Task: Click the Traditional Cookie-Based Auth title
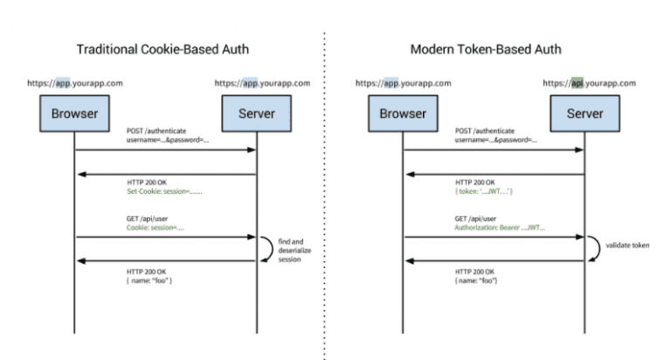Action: [163, 49]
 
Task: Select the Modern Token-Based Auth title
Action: [486, 49]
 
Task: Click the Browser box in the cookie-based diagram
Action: [74, 114]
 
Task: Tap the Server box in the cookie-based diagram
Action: [257, 114]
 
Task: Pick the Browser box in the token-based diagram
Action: [403, 114]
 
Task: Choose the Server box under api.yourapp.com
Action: [585, 114]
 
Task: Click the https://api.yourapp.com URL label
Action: [589, 83]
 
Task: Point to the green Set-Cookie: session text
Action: [164, 191]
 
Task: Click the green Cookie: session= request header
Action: [155, 228]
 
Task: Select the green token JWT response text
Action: [483, 191]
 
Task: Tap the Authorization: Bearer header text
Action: [500, 228]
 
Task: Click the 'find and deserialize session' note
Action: [294, 251]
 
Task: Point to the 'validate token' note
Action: [627, 246]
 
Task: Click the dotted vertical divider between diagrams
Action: [324, 196]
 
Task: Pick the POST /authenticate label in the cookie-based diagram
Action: [156, 131]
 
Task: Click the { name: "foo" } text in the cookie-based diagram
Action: [149, 280]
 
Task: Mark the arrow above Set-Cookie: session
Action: [167, 174]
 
